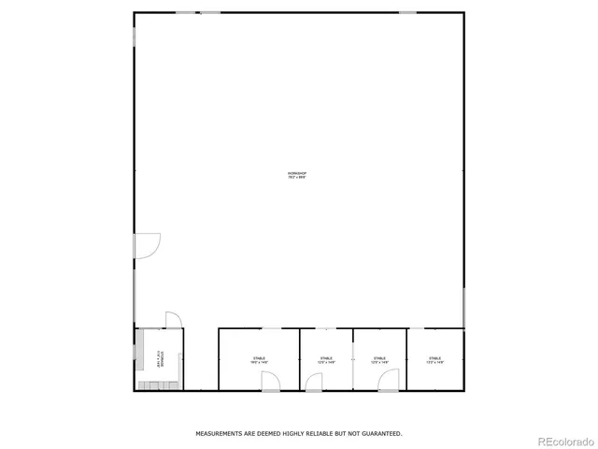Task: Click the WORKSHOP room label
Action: point(297,173)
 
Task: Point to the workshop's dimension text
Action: point(297,178)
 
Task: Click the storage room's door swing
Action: point(173,320)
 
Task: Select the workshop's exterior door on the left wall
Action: point(147,245)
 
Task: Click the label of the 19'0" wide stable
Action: point(259,360)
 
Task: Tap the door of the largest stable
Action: point(269,381)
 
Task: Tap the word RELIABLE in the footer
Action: point(306,434)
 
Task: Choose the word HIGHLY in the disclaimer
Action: point(278,434)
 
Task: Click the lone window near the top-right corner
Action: point(407,12)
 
